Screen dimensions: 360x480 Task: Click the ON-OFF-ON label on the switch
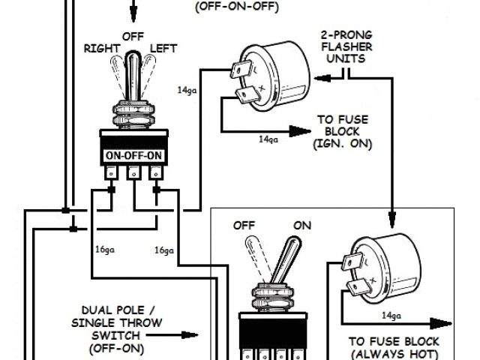[x=133, y=156]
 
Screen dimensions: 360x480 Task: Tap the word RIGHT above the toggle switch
[x=102, y=48]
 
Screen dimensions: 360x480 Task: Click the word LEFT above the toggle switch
[x=163, y=48]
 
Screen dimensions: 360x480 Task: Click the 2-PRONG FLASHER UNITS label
[x=346, y=47]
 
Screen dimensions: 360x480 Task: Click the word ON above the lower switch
[x=302, y=225]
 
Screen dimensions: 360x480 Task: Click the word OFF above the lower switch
[x=244, y=225]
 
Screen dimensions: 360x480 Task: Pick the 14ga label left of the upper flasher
[x=187, y=90]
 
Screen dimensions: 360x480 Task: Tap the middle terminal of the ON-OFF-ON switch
[x=133, y=174]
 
